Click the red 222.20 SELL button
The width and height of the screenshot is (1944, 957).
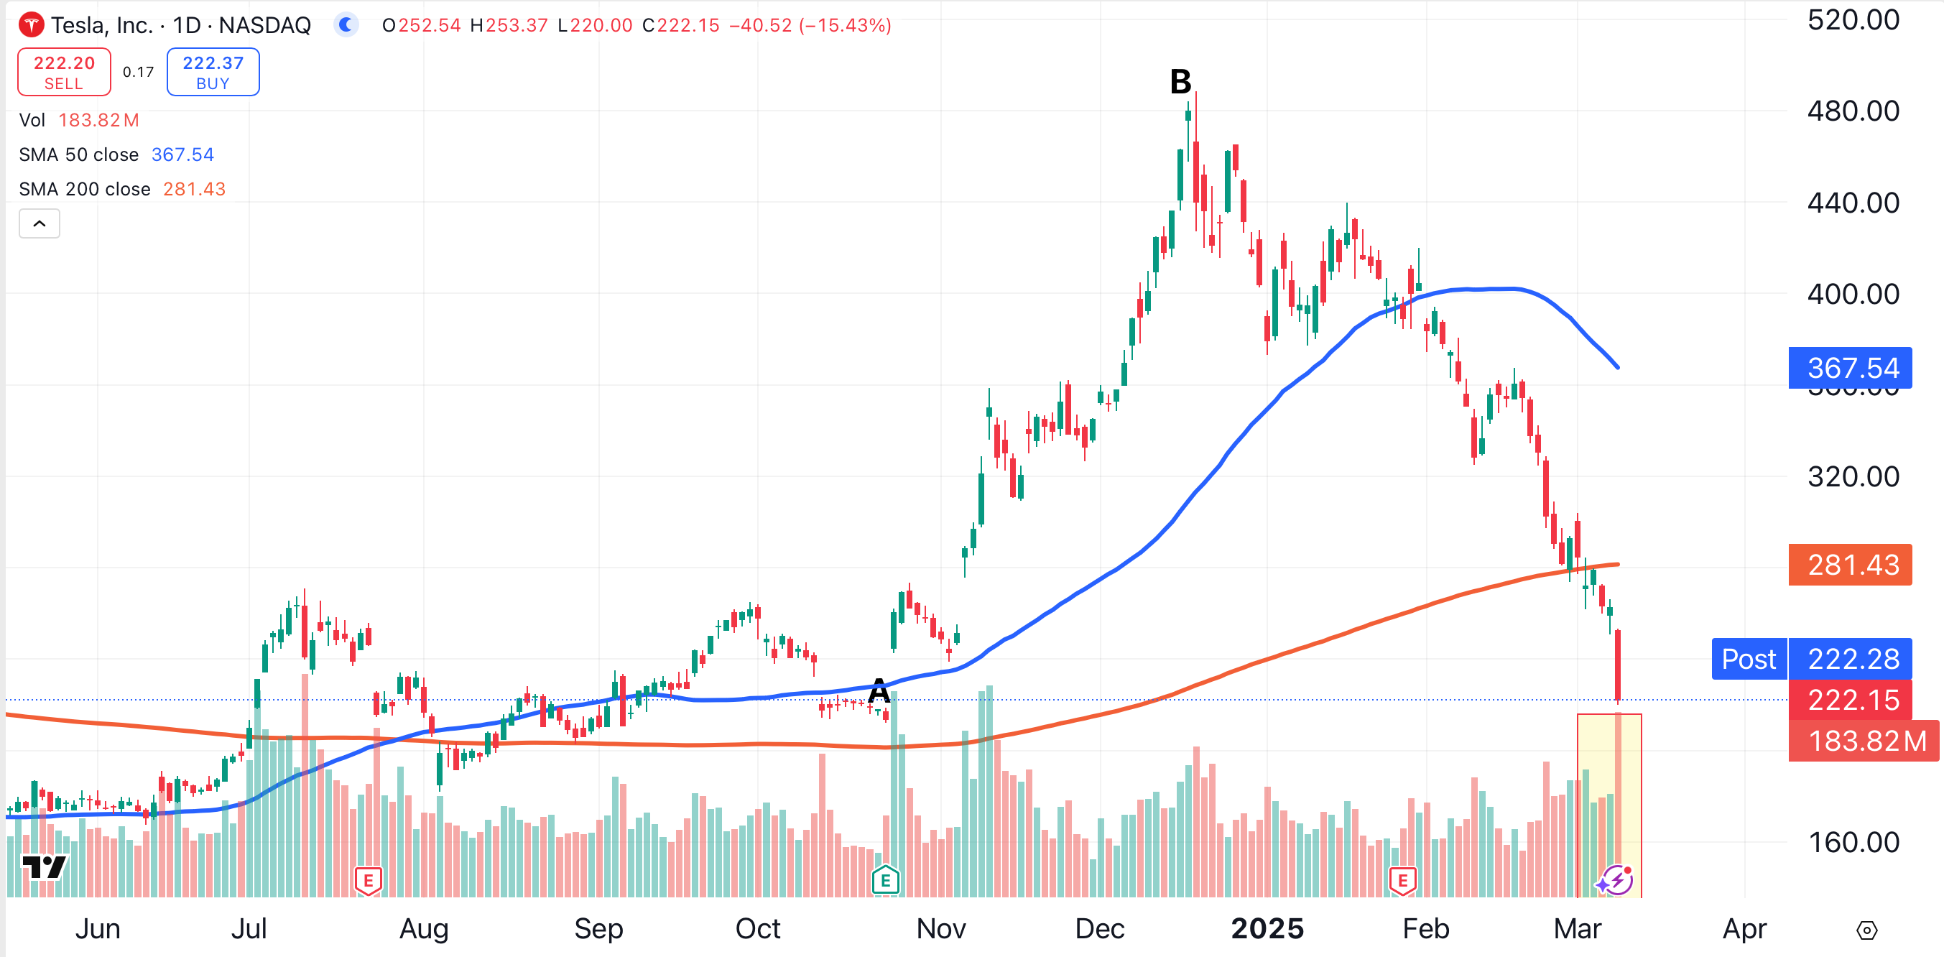(x=64, y=72)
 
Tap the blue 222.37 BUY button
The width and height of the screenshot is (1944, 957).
(x=213, y=72)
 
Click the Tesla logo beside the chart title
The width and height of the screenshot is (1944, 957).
(x=31, y=25)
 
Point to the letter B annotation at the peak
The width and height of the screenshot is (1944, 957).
(x=1180, y=81)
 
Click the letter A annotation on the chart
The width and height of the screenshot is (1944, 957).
(x=879, y=690)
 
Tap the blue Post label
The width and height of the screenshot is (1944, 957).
(x=1749, y=659)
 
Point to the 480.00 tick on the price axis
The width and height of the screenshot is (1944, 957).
(x=1853, y=111)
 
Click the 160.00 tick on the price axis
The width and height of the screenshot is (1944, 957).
(x=1853, y=841)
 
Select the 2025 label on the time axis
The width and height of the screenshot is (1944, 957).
(x=1267, y=928)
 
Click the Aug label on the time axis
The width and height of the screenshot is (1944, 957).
(x=424, y=928)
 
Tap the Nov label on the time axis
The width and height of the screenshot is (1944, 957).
(x=941, y=928)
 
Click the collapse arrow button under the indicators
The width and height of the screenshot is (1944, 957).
(x=40, y=223)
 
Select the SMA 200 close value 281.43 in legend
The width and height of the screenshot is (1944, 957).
(x=194, y=189)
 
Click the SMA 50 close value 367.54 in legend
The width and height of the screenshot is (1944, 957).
(x=182, y=154)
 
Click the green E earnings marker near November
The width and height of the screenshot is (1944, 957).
(x=885, y=879)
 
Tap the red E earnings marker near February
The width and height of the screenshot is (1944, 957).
(x=1402, y=880)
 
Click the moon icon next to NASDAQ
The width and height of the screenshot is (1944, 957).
(x=346, y=25)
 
